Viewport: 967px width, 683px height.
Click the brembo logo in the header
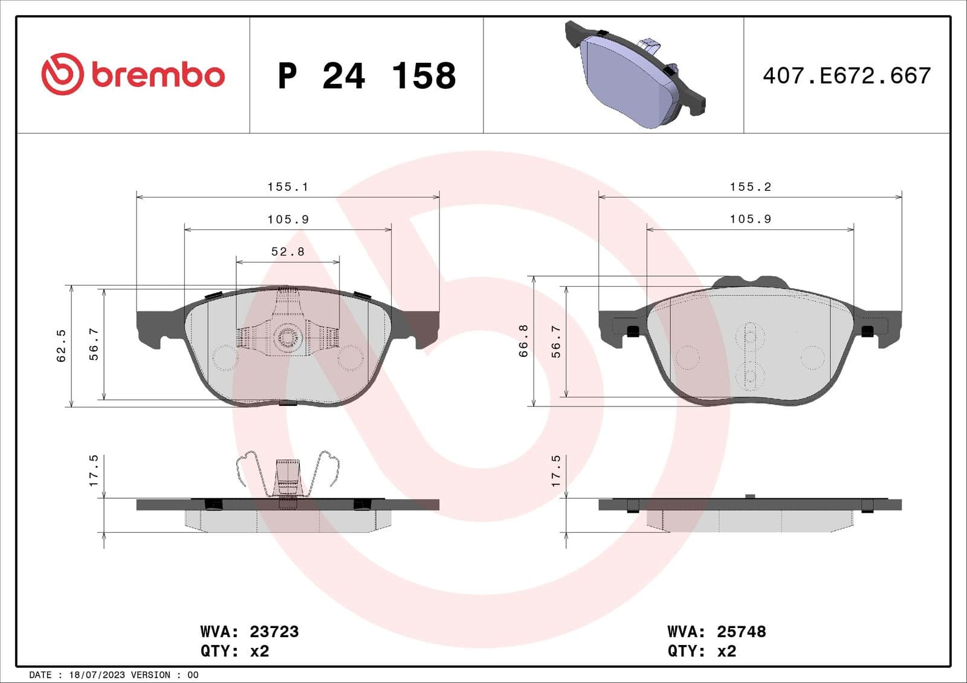(x=133, y=74)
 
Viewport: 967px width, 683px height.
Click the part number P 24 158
(x=366, y=76)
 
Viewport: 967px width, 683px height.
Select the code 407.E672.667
(x=846, y=76)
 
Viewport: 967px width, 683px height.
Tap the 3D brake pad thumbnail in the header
(x=635, y=75)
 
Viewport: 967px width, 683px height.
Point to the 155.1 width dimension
(x=288, y=187)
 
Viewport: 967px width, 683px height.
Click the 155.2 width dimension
(x=750, y=187)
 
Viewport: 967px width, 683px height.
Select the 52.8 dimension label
(x=288, y=252)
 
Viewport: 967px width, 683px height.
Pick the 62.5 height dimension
(x=61, y=346)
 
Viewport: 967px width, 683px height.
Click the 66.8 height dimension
(x=523, y=341)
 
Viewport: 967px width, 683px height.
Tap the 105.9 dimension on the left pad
(x=288, y=220)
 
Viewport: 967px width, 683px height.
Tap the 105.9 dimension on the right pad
(x=750, y=219)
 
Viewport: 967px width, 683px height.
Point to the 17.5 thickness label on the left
(x=94, y=471)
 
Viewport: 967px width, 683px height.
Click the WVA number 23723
(x=274, y=632)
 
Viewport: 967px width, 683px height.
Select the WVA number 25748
(x=741, y=632)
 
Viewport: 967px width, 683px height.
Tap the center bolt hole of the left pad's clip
(x=288, y=336)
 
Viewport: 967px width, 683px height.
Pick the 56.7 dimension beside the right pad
(x=556, y=341)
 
